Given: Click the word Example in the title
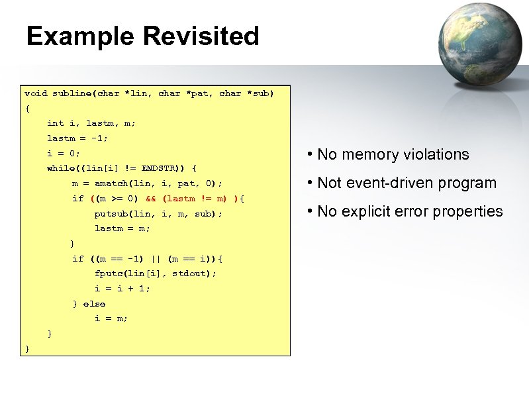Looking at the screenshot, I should click(x=80, y=36).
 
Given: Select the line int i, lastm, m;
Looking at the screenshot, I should click(x=91, y=123).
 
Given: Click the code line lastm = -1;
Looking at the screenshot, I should click(x=77, y=138).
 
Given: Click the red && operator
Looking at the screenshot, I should click(x=150, y=199).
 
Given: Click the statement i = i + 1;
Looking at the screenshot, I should click(x=122, y=289).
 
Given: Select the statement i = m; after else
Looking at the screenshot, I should click(x=111, y=319).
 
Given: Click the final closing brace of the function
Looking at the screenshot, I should click(x=26, y=348).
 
